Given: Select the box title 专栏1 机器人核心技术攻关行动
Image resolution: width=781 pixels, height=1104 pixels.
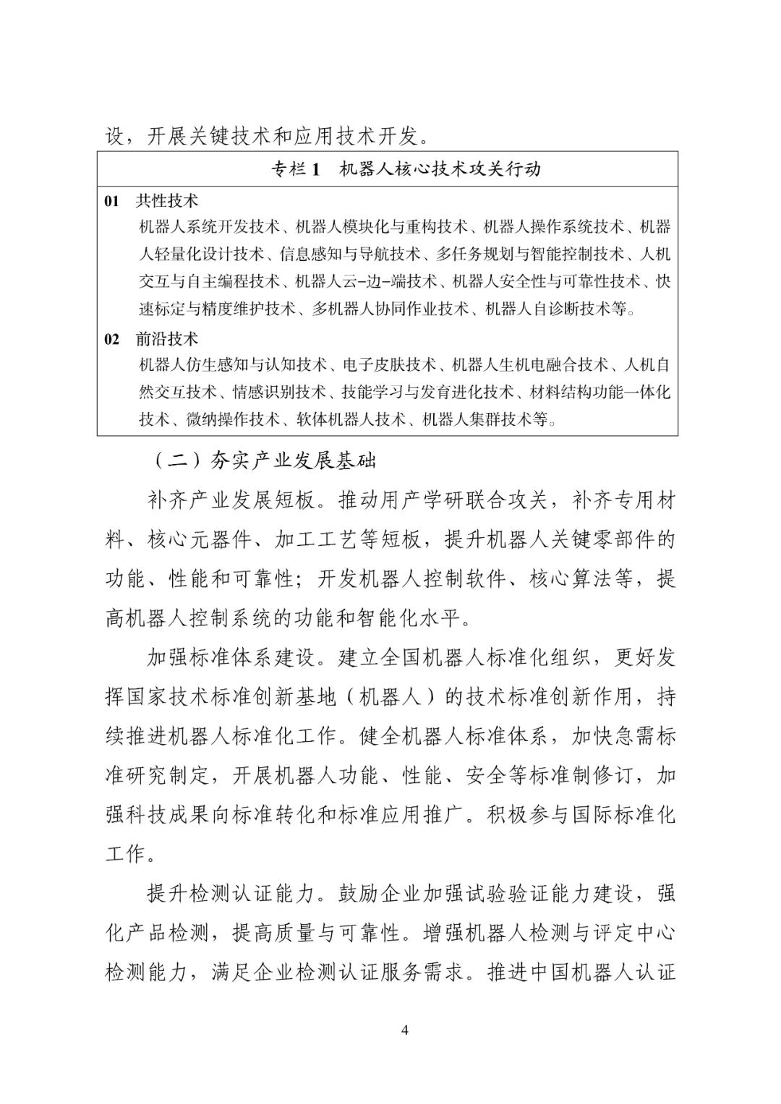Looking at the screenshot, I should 405,169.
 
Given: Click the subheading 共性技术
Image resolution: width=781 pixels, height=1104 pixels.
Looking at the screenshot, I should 167,201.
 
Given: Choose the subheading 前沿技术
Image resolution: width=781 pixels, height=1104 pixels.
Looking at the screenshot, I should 167,338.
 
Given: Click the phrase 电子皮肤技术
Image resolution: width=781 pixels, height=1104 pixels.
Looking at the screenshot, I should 390,364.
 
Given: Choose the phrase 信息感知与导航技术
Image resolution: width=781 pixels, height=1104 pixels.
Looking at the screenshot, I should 350,254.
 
